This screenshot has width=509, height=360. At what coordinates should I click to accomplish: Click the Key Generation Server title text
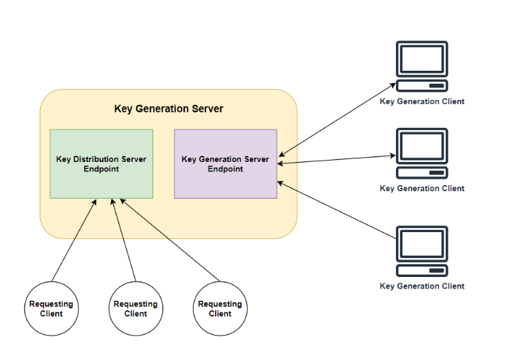[x=168, y=109]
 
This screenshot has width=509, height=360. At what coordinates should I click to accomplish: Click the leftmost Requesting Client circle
[x=51, y=309]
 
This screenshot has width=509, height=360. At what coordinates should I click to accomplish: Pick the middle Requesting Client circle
[x=135, y=309]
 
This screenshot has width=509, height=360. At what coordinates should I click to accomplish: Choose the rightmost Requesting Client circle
[x=220, y=309]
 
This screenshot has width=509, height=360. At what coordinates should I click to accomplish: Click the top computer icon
[x=422, y=66]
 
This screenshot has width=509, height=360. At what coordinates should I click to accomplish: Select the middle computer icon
[x=422, y=153]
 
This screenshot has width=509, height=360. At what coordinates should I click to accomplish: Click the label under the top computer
[x=422, y=101]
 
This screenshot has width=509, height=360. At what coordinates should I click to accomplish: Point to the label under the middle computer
[x=422, y=189]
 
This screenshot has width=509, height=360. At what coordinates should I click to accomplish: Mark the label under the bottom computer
[x=422, y=287]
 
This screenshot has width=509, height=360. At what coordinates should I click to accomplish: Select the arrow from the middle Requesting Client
[x=123, y=240]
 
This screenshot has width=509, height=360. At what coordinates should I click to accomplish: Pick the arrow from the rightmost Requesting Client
[x=170, y=240]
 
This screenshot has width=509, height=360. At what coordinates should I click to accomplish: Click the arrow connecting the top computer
[x=337, y=120]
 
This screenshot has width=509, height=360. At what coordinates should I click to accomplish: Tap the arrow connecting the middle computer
[x=337, y=159]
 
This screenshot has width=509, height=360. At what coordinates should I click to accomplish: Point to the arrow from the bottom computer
[x=337, y=210]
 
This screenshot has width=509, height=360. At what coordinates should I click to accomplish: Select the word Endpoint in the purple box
[x=225, y=169]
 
